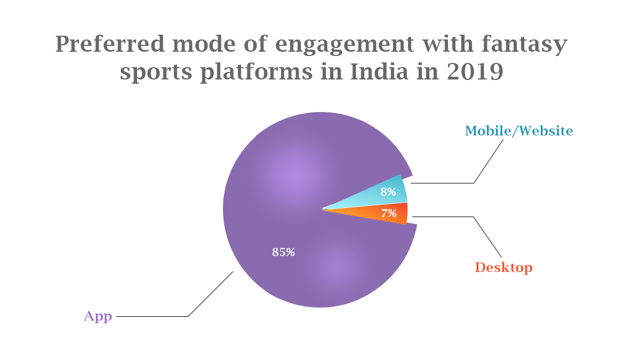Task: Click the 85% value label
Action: pos(283,252)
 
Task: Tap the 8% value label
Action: pos(388,192)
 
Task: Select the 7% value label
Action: pos(389,214)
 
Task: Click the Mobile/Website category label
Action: pos(519,131)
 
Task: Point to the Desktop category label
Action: pos(503,267)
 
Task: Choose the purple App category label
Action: pos(98,316)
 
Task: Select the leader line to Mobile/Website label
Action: pos(443,183)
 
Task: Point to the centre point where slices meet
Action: pos(322,209)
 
